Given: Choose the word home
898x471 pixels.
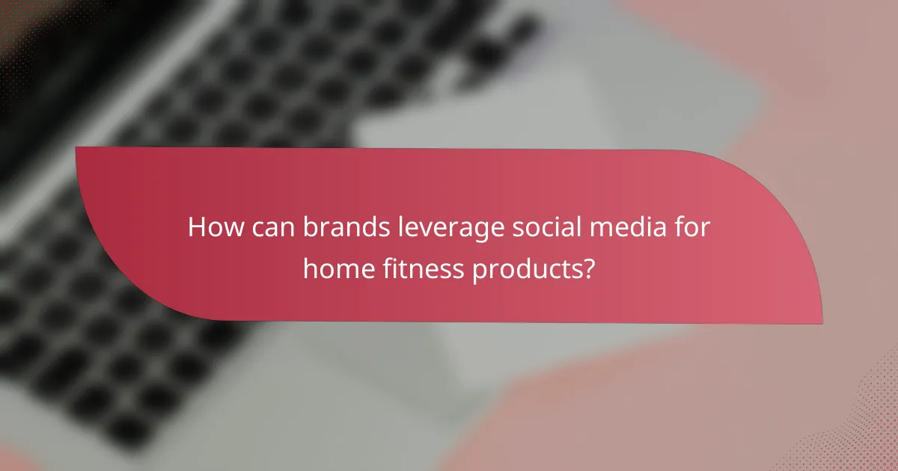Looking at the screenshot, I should pyautogui.click(x=337, y=267).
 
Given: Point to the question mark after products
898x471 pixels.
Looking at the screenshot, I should pyautogui.click(x=588, y=267).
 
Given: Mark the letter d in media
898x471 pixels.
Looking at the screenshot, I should pyautogui.click(x=626, y=227).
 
